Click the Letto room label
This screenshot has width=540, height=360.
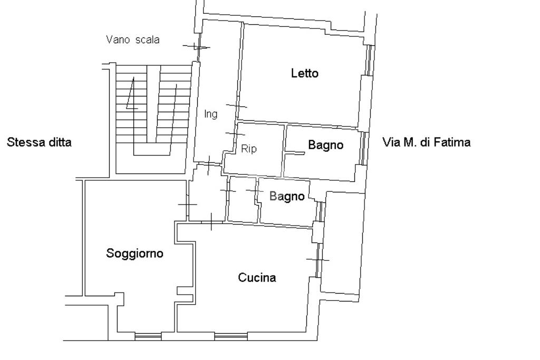coord(305,73)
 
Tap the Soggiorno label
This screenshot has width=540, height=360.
coord(134,254)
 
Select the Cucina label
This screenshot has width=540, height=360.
coord(257,277)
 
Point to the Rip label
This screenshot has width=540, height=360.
coord(249,149)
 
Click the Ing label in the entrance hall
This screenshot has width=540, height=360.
coord(211,114)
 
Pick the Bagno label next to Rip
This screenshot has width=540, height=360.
coord(326,145)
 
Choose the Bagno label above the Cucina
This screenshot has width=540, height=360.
coord(287,196)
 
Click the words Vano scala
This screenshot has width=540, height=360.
coord(133,40)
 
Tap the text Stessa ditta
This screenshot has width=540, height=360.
coord(39,142)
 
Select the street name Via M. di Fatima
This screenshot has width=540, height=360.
coord(426,142)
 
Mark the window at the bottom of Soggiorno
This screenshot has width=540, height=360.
coord(148,336)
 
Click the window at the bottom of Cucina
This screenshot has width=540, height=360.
coord(231,336)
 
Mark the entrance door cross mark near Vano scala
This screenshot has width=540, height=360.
coord(197,47)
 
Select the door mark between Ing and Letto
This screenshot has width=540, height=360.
coord(237,105)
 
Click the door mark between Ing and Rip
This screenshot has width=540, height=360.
coord(235,133)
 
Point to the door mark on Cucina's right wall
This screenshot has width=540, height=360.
coord(318,259)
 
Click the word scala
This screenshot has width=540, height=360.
coord(148,40)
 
